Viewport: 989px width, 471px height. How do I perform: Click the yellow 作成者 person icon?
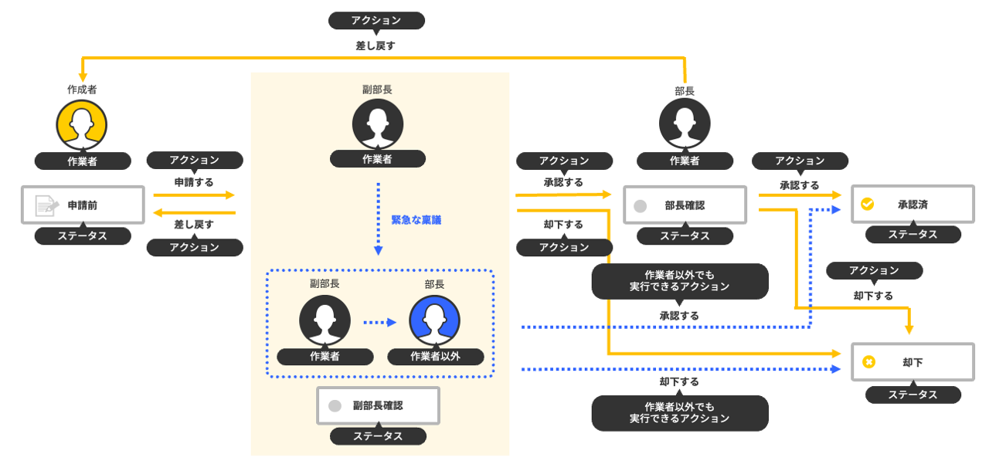click(x=81, y=124)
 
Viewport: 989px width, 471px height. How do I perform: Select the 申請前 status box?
click(x=83, y=205)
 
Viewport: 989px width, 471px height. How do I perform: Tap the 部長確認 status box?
click(x=685, y=205)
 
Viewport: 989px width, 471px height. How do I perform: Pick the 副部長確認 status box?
click(x=378, y=405)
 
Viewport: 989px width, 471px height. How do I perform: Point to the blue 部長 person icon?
click(x=435, y=320)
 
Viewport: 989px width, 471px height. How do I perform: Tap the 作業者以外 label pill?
click(x=436, y=357)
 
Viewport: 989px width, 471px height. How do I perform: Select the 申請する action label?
click(x=194, y=182)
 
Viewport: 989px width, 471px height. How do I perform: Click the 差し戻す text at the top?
click(x=376, y=46)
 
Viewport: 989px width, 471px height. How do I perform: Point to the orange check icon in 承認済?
click(x=868, y=205)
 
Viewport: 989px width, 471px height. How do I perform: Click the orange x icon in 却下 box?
click(x=868, y=361)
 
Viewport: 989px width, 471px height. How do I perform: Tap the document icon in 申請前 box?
click(x=46, y=205)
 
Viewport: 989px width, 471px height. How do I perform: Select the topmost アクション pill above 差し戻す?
click(x=376, y=21)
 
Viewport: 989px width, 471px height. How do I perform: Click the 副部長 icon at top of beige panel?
click(x=377, y=124)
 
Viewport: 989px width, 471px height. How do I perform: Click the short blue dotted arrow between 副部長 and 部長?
click(x=379, y=323)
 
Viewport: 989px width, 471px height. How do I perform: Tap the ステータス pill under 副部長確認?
click(x=378, y=436)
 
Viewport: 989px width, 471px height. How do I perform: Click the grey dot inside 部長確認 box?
click(x=640, y=206)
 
